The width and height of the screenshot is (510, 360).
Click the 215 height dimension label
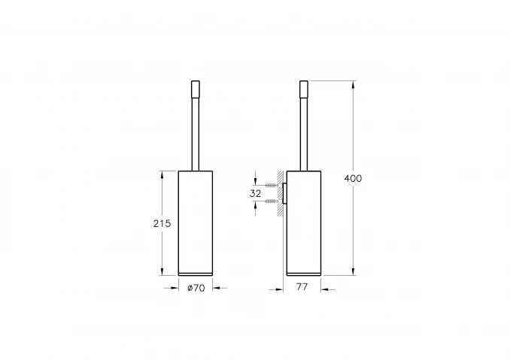(x=162, y=223)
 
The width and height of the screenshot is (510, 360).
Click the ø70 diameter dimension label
(x=196, y=288)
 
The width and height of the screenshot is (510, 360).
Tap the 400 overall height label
(x=353, y=178)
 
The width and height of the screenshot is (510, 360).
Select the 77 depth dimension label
(x=302, y=287)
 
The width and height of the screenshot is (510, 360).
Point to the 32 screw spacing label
(x=255, y=194)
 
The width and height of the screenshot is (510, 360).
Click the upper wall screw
(x=272, y=186)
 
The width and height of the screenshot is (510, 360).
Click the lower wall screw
(x=272, y=201)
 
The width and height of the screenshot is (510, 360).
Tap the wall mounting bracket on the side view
(x=284, y=194)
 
